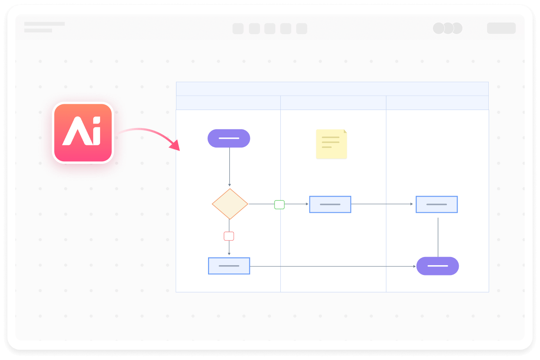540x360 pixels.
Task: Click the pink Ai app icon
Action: (x=83, y=132)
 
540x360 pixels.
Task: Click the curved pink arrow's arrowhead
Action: (x=176, y=145)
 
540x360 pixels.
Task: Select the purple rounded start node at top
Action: (x=229, y=138)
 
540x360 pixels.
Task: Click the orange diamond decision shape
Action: (x=230, y=204)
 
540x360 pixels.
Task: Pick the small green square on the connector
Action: (x=279, y=204)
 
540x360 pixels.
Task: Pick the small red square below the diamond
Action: (x=229, y=236)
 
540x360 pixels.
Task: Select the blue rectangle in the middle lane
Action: (x=330, y=204)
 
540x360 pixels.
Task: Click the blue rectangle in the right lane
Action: (x=437, y=204)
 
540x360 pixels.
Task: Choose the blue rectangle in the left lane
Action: (x=229, y=266)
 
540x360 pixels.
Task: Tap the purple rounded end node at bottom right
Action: (x=437, y=266)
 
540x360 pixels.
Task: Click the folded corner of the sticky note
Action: (x=345, y=131)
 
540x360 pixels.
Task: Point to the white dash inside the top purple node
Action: (x=229, y=138)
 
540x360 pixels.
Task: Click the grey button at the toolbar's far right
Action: (x=501, y=28)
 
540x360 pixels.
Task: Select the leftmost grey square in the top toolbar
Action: (x=238, y=29)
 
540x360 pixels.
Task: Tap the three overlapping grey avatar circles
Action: (x=448, y=28)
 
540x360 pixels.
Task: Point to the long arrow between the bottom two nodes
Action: (x=332, y=266)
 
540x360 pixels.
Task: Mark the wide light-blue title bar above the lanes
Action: (x=332, y=89)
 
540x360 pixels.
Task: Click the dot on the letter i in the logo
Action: (x=96, y=120)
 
